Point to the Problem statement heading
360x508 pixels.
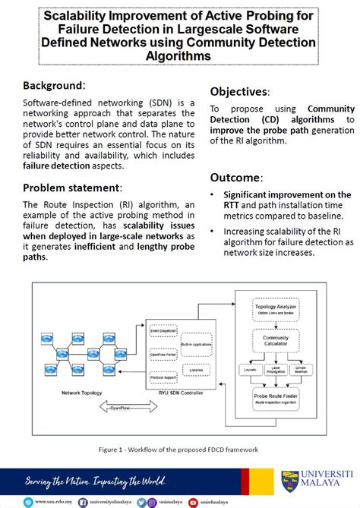pyautogui.click(x=72, y=188)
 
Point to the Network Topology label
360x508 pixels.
pyautogui.click(x=87, y=393)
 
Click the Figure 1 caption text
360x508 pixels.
pyautogui.click(x=179, y=450)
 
